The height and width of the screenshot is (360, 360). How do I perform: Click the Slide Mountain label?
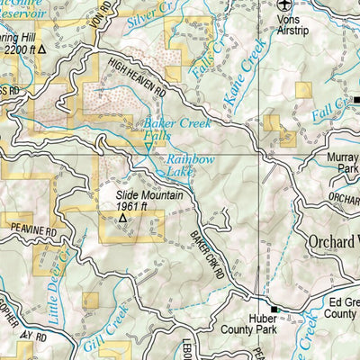click(x=148, y=193)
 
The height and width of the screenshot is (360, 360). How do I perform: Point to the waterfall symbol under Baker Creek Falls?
click(x=149, y=146)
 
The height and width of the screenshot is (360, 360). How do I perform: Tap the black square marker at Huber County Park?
click(x=275, y=310)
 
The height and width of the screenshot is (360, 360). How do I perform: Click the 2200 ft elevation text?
click(x=20, y=51)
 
